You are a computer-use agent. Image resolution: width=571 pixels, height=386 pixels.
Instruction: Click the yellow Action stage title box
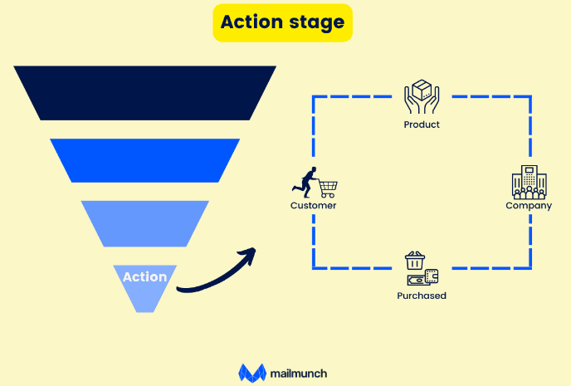[x=282, y=22]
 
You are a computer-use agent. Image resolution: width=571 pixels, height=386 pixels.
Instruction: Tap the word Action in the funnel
[x=144, y=277]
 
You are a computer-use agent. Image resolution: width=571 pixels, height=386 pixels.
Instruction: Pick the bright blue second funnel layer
[x=144, y=159]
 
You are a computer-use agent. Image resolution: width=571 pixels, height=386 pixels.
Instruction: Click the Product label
[x=422, y=125]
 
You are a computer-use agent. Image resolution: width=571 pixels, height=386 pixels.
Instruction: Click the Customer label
[x=313, y=205]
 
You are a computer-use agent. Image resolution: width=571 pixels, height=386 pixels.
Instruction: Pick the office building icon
[x=529, y=183]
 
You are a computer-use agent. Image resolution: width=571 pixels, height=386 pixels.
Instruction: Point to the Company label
[x=529, y=205]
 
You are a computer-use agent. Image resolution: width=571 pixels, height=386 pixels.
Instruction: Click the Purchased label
[x=422, y=296]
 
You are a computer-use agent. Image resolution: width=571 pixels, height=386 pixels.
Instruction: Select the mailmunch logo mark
[x=251, y=373]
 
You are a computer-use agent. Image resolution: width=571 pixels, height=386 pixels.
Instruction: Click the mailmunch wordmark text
[x=299, y=374]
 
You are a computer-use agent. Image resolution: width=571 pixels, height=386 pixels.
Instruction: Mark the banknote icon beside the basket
[x=432, y=277]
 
